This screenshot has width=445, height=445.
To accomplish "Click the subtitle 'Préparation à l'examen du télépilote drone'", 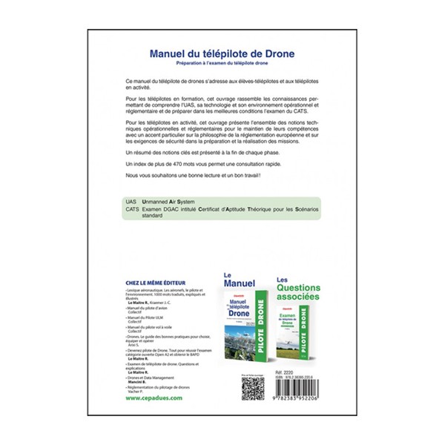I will pyautogui.click(x=223, y=65).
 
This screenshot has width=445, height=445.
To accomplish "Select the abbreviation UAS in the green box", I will pyautogui.click(x=132, y=202).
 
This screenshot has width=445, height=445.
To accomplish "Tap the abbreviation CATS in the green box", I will pyautogui.click(x=133, y=211).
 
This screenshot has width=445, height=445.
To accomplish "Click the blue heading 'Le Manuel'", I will pyautogui.click(x=240, y=280).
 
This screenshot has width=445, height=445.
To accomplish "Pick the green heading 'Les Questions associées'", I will pyautogui.click(x=300, y=285).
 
